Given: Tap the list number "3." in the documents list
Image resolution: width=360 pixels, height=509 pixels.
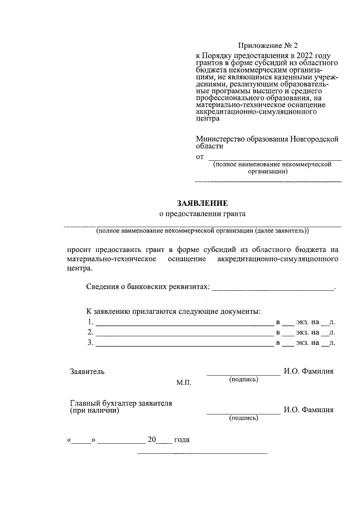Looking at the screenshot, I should coord(90,343).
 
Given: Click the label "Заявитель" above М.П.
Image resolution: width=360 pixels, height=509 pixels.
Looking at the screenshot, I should coord(87,371).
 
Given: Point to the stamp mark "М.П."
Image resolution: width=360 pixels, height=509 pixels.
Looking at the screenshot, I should coord(184,382).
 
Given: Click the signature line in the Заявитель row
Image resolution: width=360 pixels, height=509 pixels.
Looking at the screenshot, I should coord(243,373).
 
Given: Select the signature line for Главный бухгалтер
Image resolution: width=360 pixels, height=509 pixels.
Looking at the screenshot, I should coord(243,413).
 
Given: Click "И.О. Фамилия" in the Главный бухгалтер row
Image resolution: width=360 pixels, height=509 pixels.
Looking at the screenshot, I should coord(309,410).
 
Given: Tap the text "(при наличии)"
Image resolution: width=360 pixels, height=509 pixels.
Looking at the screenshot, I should coord(94,411).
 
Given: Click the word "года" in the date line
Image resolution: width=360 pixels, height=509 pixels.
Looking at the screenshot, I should coord(182,440).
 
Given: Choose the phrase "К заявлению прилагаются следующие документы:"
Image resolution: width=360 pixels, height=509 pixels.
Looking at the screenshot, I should coord(173,311).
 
